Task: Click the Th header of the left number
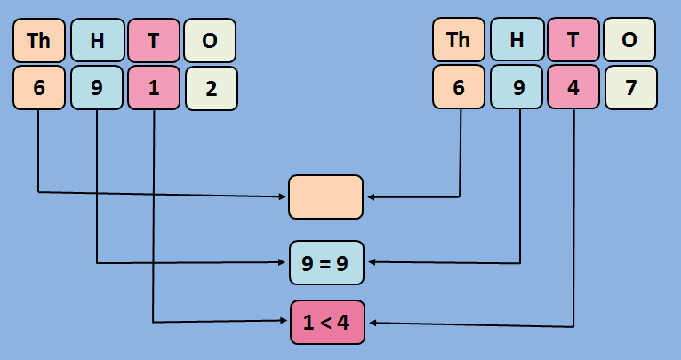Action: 39,40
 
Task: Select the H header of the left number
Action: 97,40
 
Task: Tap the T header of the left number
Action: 154,40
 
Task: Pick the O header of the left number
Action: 211,40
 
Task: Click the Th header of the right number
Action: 459,40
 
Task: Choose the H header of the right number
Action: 517,40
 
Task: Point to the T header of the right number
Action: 573,40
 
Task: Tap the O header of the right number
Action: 630,40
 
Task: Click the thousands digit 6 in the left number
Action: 39,88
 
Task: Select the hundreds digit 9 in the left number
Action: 97,88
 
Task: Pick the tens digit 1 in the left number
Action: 154,88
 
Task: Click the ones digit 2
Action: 211,88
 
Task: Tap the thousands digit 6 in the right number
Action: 459,88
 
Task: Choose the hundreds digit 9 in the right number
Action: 517,88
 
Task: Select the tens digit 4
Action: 573,88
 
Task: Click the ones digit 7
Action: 630,88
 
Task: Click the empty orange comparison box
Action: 325,196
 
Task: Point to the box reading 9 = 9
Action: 326,262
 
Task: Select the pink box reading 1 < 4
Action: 326,322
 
